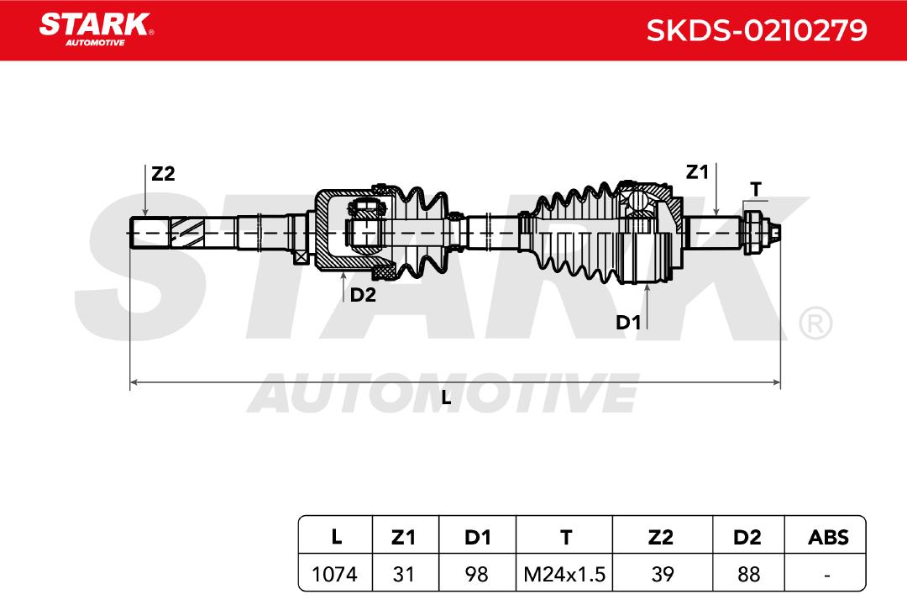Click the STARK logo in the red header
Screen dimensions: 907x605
96,29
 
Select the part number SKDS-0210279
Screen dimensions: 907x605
757,30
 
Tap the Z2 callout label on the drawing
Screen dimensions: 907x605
163,174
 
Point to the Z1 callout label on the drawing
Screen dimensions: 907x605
697,172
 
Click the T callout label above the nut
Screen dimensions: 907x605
756,189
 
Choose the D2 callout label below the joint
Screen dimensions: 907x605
363,295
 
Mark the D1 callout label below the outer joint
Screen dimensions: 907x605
628,323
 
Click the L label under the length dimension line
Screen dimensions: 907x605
446,397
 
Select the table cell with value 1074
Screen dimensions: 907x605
335,574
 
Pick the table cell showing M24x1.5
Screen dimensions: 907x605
564,574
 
